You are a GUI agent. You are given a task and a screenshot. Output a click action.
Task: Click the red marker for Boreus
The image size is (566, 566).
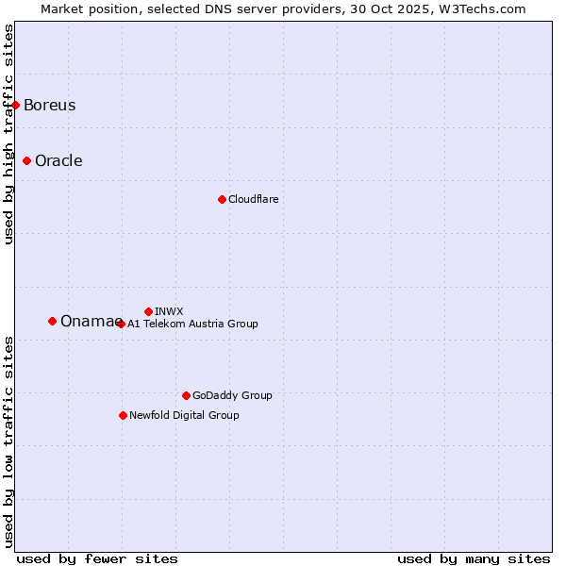16,105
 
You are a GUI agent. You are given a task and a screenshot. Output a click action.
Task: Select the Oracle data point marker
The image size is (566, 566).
27,160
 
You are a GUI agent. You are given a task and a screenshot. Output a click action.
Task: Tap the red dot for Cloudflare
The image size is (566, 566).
222,199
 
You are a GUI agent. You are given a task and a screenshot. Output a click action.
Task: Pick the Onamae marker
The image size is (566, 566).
52,321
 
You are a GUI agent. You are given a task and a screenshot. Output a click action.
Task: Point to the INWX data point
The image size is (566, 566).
148,311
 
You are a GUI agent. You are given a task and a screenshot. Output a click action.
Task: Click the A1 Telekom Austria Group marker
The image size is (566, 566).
121,324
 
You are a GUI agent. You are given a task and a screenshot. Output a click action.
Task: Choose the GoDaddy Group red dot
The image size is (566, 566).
186,395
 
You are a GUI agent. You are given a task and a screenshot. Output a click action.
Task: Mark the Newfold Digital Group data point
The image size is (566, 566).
123,415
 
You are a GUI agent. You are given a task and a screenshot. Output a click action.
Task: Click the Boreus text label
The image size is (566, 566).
50,105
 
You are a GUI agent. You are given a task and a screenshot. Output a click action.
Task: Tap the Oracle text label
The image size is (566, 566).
58,160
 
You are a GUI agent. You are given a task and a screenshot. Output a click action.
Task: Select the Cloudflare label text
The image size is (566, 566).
253,199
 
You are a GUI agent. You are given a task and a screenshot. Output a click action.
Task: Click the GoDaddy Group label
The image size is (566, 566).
232,395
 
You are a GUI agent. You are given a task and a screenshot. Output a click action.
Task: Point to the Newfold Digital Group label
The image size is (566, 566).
184,415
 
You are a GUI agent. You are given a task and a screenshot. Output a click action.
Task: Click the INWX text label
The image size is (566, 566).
169,311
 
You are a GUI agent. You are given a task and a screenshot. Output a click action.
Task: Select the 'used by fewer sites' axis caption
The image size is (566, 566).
97,558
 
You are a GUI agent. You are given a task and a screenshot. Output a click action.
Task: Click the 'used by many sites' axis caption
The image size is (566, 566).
474,558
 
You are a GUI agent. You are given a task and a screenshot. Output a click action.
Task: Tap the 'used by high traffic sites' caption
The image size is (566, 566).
8,134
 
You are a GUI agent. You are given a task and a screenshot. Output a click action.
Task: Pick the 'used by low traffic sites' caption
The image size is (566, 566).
8,441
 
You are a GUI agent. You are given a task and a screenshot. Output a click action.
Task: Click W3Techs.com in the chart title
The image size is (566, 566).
481,8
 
